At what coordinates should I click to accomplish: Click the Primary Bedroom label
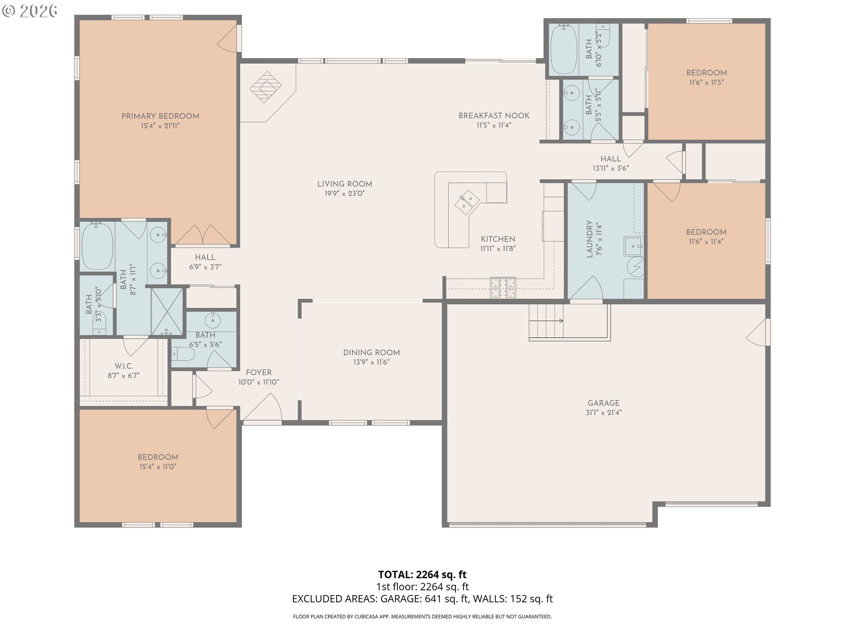pos(160,116)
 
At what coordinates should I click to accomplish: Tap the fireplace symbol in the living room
pos(265,87)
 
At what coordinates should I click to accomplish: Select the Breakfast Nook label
pos(494,116)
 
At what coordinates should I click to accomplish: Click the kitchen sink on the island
pos(467,202)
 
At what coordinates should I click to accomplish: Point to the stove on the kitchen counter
pos(503,288)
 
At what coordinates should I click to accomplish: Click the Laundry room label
pos(589,239)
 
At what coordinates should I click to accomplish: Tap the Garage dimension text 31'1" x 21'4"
pos(603,413)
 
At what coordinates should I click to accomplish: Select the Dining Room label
pos(371,353)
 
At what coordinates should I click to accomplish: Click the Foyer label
pos(259,372)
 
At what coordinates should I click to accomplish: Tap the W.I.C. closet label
pos(124,366)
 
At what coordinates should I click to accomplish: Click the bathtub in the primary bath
pos(97,247)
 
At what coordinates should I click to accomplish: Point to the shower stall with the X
pos(167,311)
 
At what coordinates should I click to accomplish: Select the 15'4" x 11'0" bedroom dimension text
pos(158,467)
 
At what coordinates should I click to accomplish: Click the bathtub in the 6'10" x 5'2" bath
pos(564,50)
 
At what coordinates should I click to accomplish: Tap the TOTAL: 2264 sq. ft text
pos(422,575)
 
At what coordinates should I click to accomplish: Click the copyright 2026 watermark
pos(29,11)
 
